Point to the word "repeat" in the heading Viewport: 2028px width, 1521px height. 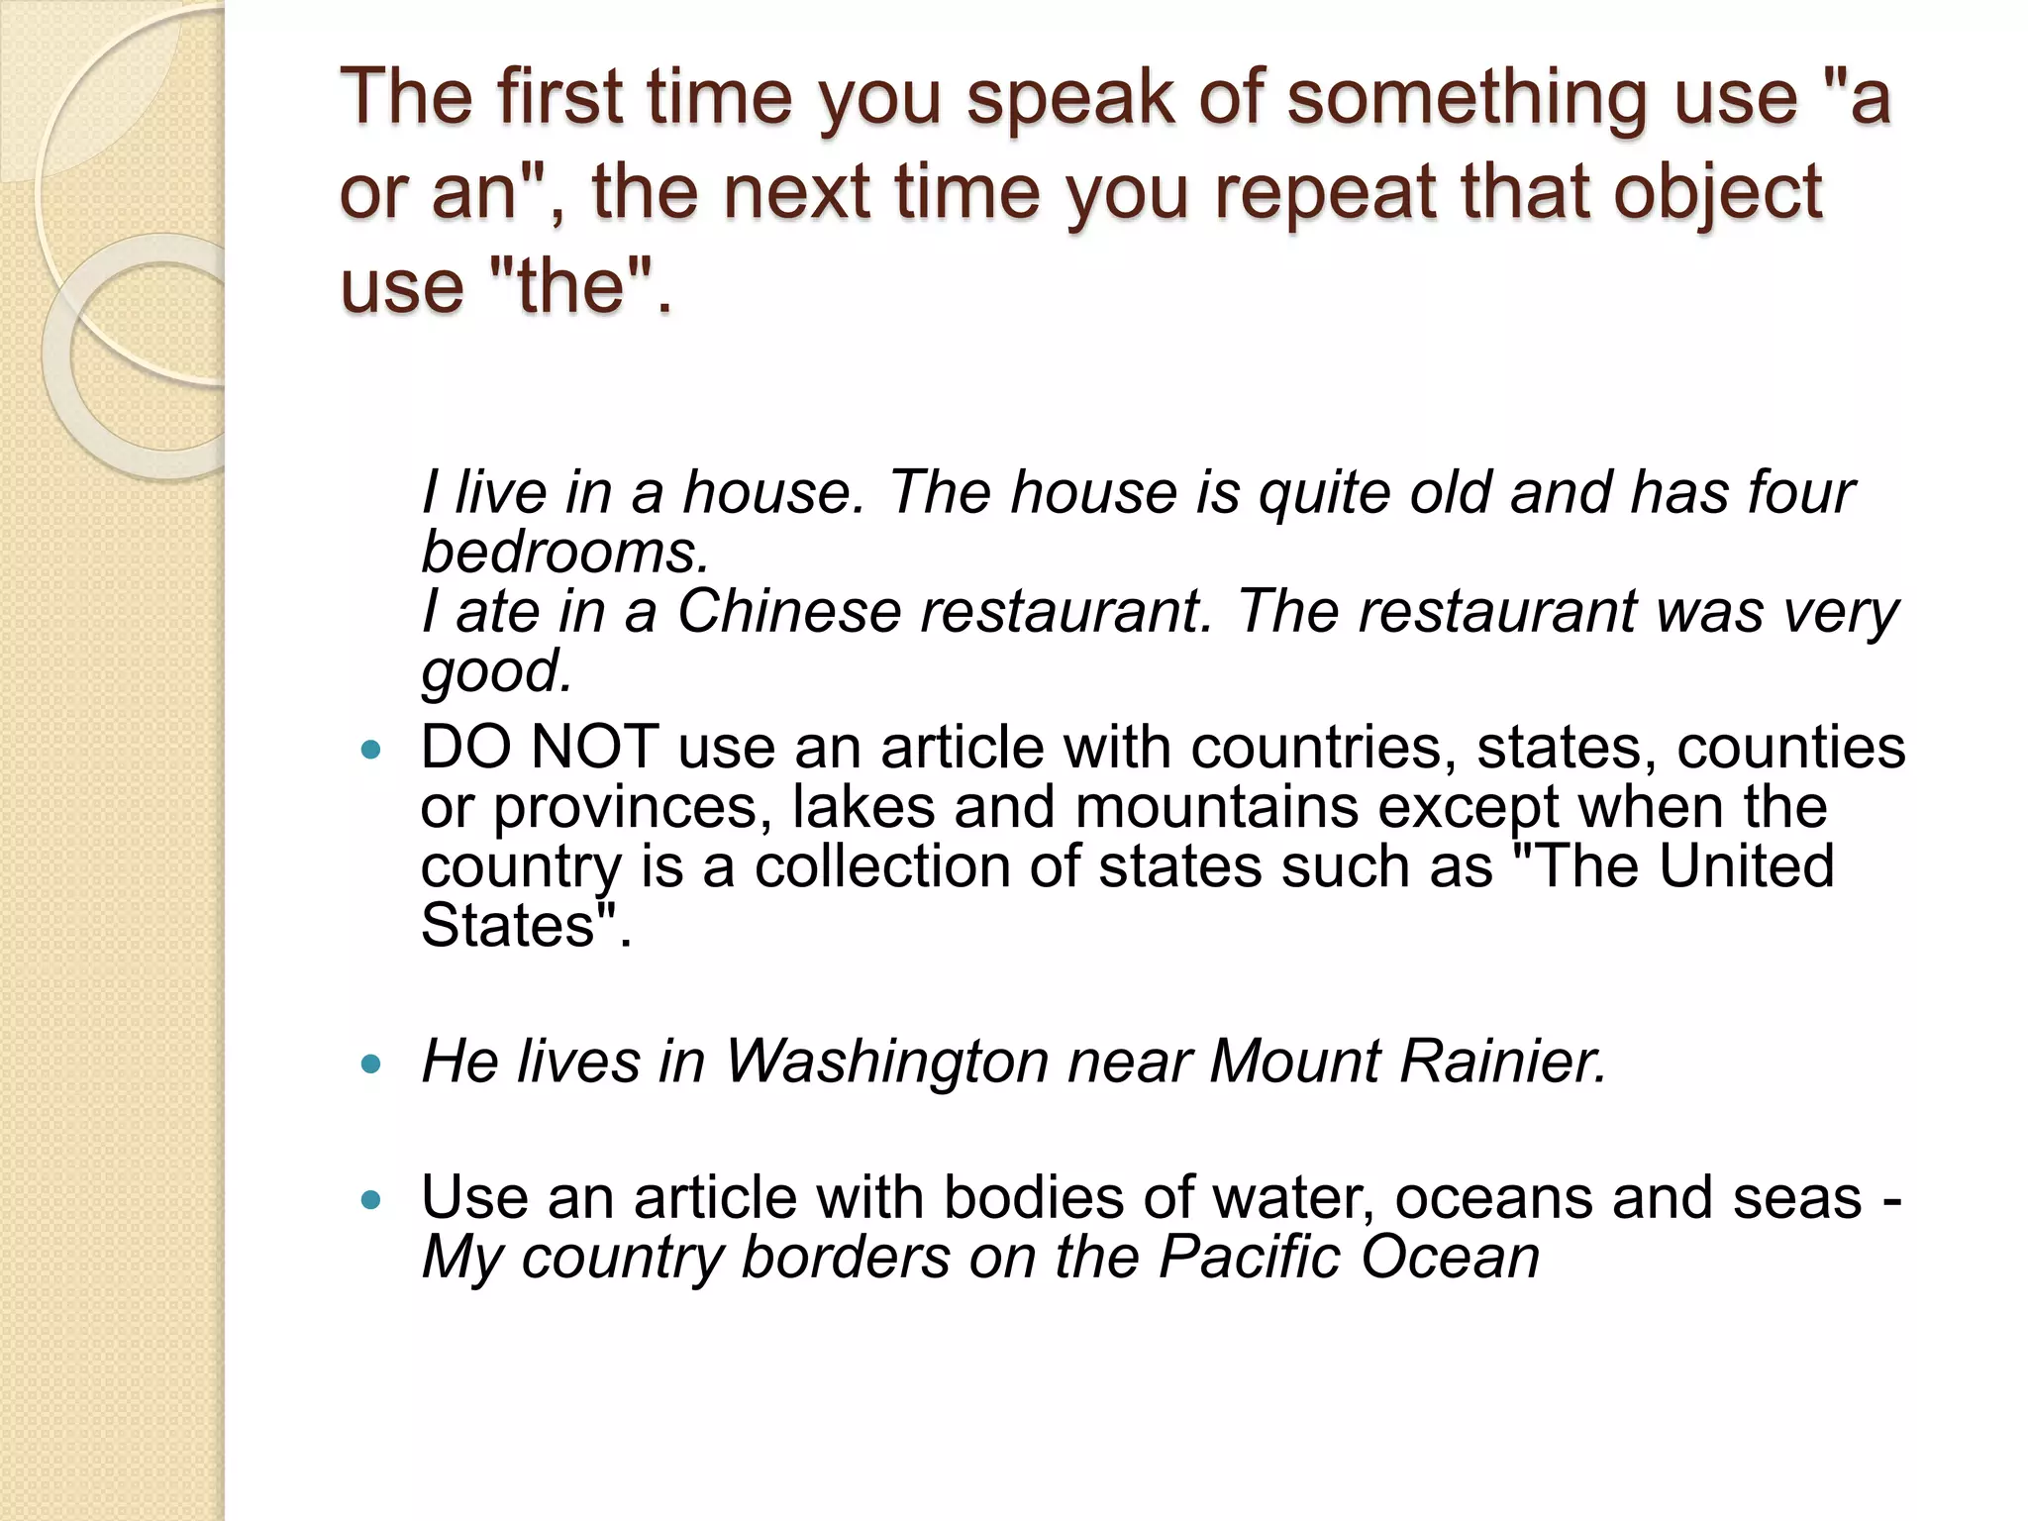(x=1325, y=192)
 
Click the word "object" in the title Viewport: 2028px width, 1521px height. (x=1717, y=192)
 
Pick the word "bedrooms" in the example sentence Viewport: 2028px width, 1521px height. (x=563, y=552)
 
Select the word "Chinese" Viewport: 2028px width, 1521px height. (x=789, y=611)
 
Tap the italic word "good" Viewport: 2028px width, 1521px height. (x=495, y=671)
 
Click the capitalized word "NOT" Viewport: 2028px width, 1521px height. (x=594, y=747)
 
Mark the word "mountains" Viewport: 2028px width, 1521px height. (x=1216, y=807)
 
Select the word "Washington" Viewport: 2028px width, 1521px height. (x=886, y=1062)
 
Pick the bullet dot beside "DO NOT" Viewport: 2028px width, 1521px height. (x=371, y=751)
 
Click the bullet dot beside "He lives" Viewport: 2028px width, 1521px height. (x=371, y=1065)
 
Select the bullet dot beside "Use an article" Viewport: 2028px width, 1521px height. (x=371, y=1201)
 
